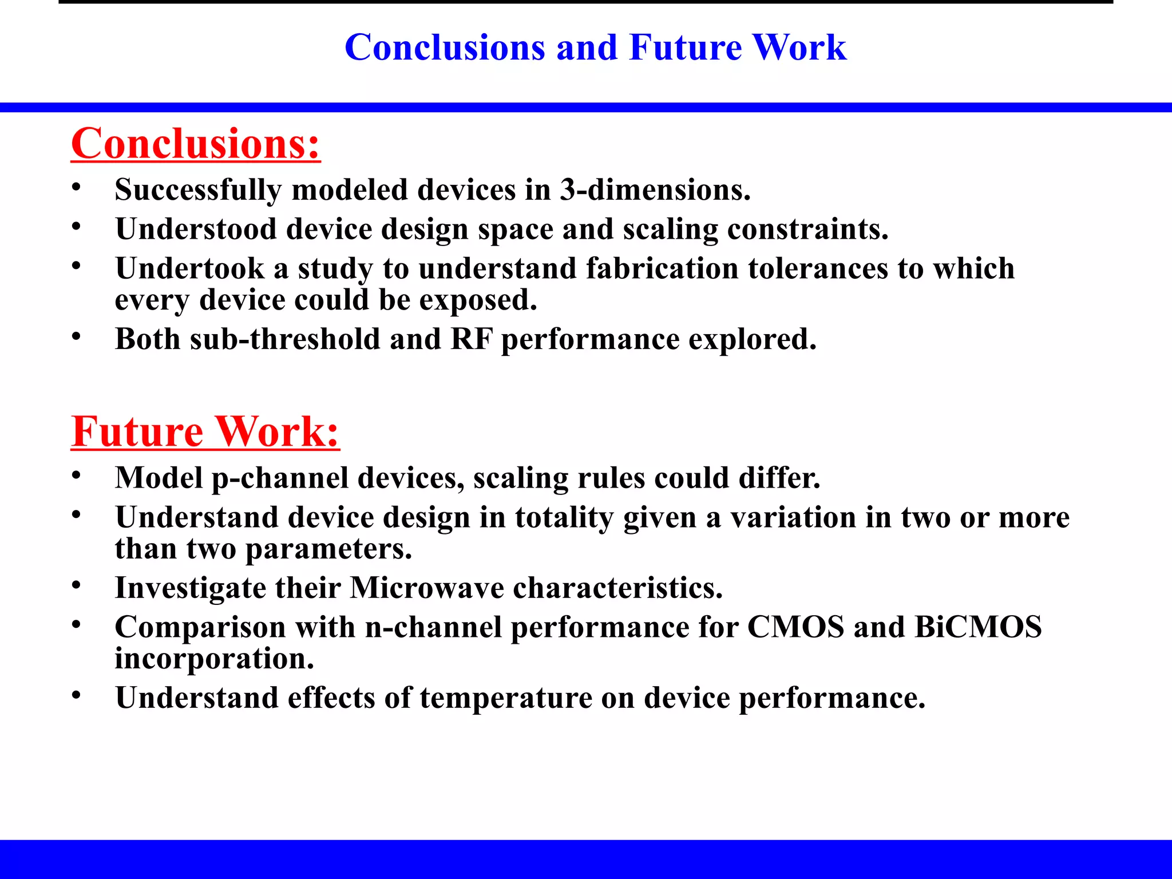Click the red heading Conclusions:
pos(195,144)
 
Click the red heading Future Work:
pos(205,432)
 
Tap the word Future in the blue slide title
pos(685,47)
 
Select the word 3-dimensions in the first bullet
pos(655,190)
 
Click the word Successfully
pos(198,190)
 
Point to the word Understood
pos(196,229)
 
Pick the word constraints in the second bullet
pos(807,229)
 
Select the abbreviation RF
pos(471,339)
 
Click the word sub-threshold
pos(285,339)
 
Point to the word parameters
pos(328,549)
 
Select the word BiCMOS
pos(978,627)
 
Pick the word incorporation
pos(214,659)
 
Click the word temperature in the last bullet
pos(506,698)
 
